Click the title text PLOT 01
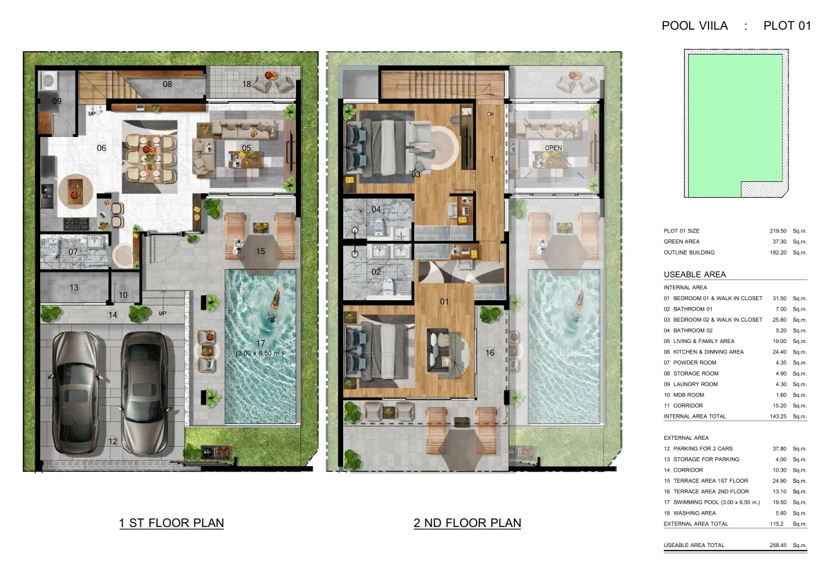787,26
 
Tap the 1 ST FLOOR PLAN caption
172,523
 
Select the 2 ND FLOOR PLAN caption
468,523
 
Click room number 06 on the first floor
102,148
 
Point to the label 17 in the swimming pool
261,344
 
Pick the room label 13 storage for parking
74,288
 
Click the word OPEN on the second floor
553,148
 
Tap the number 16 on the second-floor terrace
490,353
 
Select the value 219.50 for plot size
777,231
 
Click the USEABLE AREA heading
694,275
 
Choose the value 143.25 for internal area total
778,416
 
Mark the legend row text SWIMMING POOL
696,502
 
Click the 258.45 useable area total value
778,546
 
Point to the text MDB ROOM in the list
689,395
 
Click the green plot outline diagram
735,123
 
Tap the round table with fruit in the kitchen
75,192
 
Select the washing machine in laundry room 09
48,80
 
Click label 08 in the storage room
167,84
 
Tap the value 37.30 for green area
780,241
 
